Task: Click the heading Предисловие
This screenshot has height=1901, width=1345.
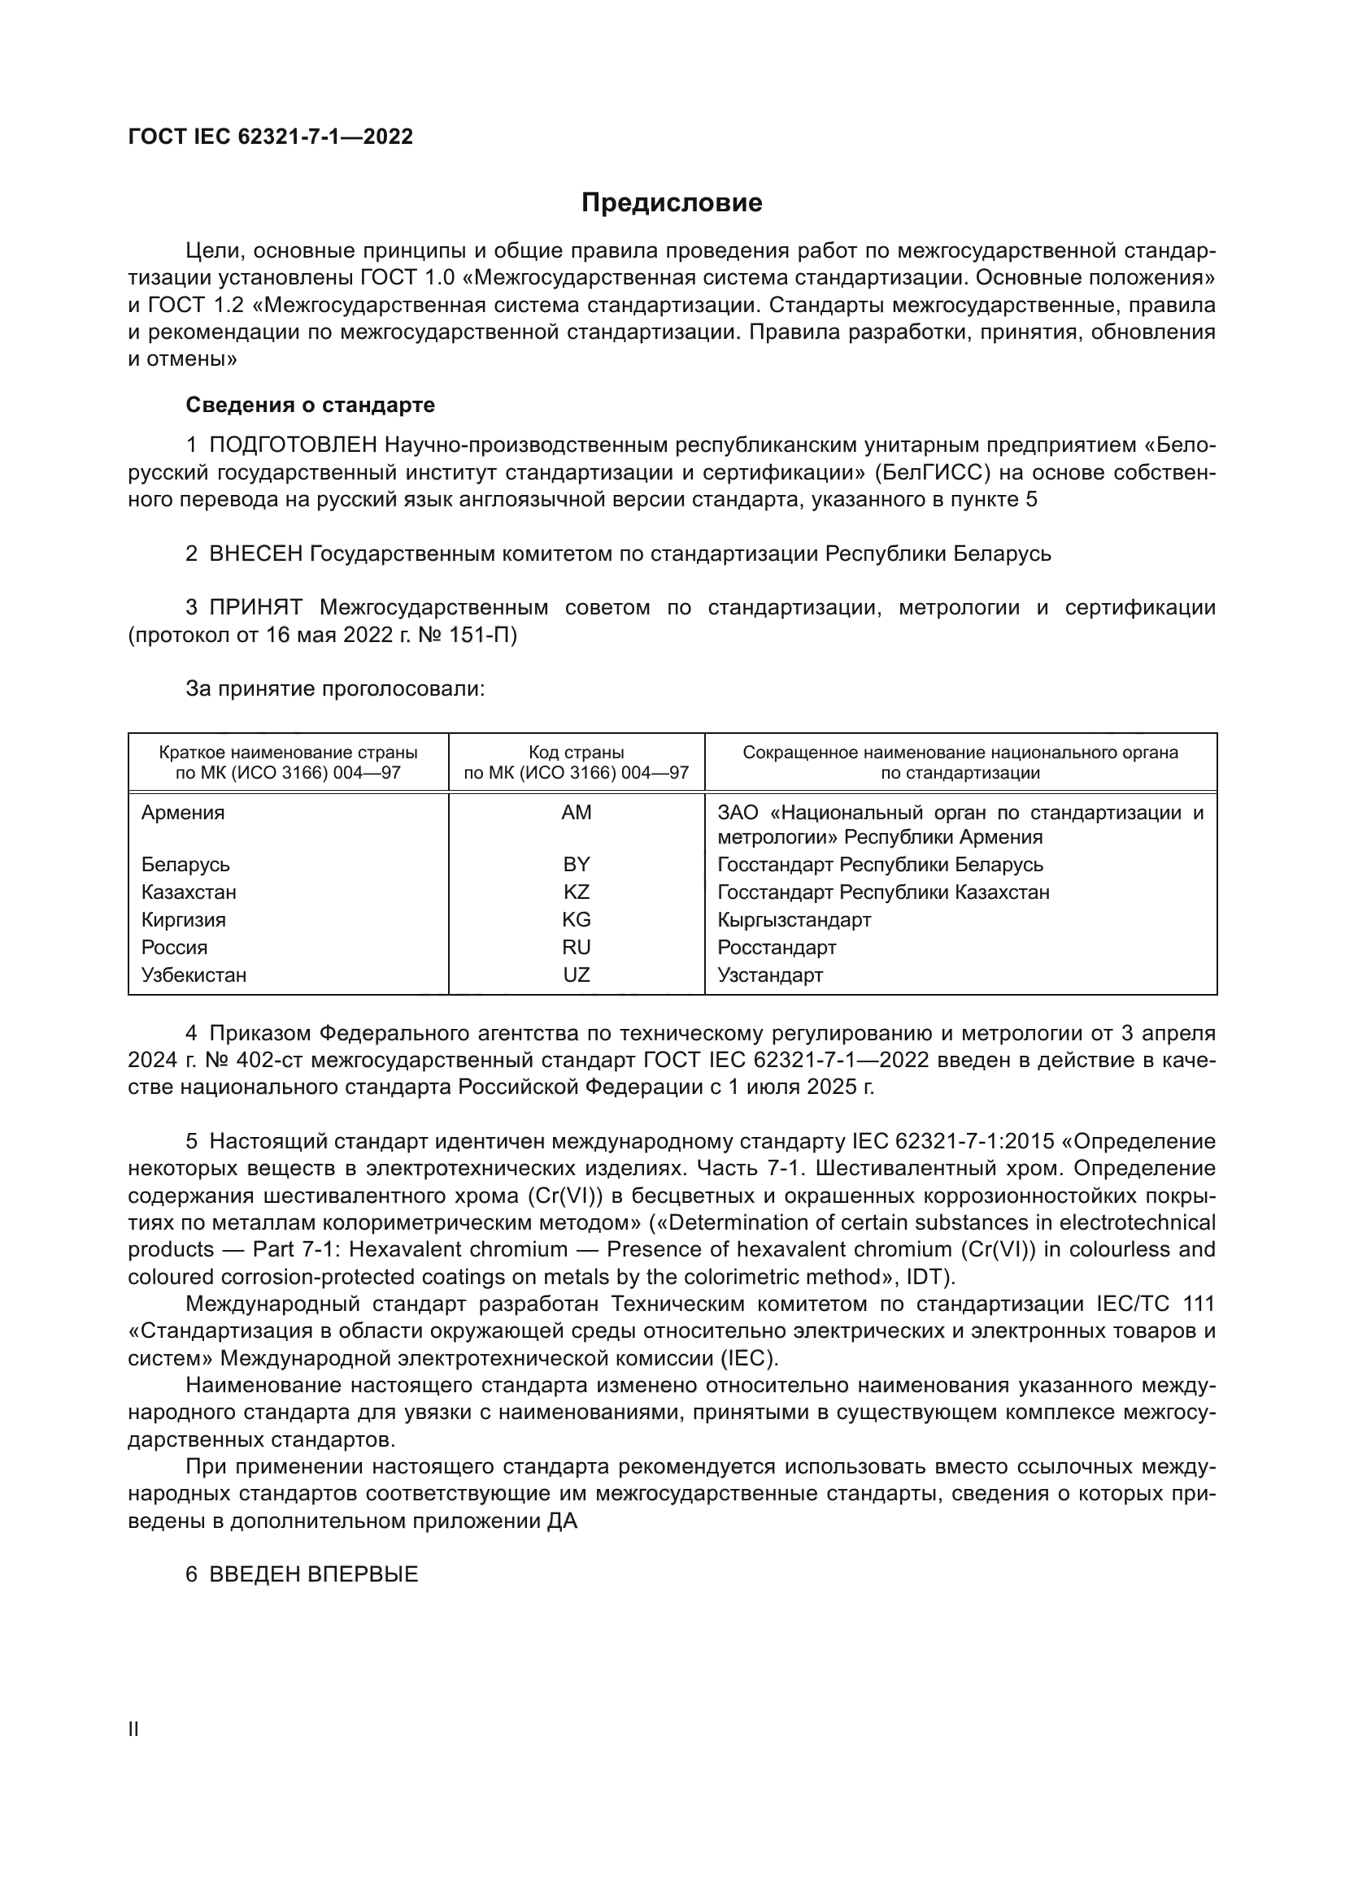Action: coord(672,203)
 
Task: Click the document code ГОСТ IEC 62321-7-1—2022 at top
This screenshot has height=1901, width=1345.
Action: coord(270,137)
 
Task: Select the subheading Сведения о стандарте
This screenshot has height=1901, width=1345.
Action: coord(310,405)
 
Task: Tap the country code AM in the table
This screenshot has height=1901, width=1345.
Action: coord(577,812)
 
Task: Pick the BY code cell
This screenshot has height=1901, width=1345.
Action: coord(577,865)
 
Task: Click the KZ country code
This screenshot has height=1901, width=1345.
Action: coord(577,892)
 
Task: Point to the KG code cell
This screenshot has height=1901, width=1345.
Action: coord(577,920)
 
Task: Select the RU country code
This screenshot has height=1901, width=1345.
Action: coord(577,947)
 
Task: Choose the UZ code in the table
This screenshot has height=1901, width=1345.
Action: coord(577,974)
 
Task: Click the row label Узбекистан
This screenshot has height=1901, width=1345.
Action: coord(194,974)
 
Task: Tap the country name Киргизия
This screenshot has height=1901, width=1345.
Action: coord(183,920)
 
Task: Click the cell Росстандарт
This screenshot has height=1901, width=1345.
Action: coord(777,947)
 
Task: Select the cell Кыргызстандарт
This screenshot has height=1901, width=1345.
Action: coord(794,920)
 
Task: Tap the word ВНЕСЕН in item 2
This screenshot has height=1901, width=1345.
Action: coord(256,553)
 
